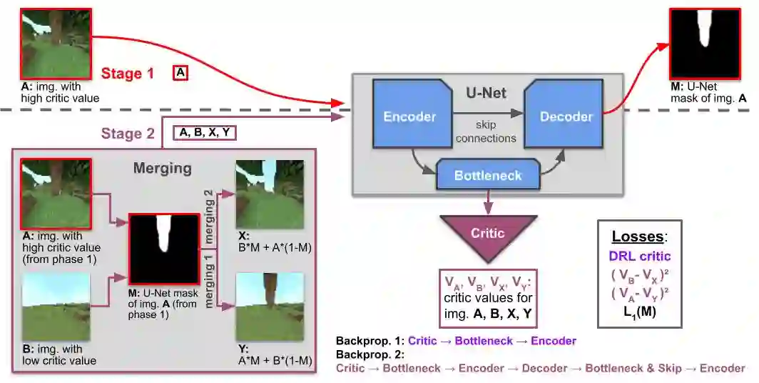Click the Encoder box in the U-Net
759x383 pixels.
[x=409, y=116]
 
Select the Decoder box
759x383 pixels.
[x=566, y=116]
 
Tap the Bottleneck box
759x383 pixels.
[x=488, y=176]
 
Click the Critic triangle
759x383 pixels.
[x=488, y=234]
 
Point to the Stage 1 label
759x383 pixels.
[x=127, y=73]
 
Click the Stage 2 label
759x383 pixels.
[x=127, y=134]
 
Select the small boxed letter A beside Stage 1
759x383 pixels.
[x=180, y=73]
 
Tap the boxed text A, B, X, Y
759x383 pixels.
[x=205, y=133]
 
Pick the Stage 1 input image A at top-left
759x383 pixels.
[x=56, y=44]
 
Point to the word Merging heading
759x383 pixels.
[x=162, y=169]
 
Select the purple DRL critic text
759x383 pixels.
[x=640, y=255]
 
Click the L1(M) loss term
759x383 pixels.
[x=640, y=312]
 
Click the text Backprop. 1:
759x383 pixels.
[x=370, y=341]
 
